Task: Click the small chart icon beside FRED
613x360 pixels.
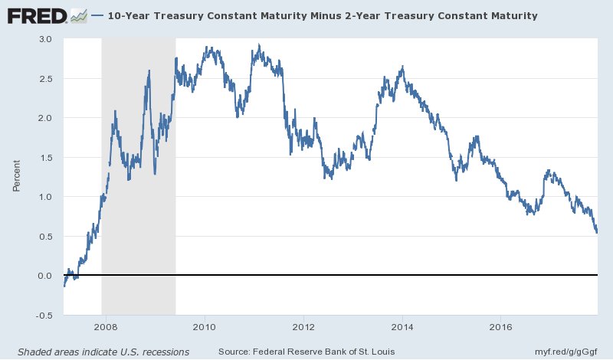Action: pyautogui.click(x=78, y=15)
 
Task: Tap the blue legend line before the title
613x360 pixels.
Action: pyautogui.click(x=97, y=15)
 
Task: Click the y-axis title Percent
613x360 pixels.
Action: pyautogui.click(x=18, y=177)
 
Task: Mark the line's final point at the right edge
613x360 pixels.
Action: pyautogui.click(x=597, y=232)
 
